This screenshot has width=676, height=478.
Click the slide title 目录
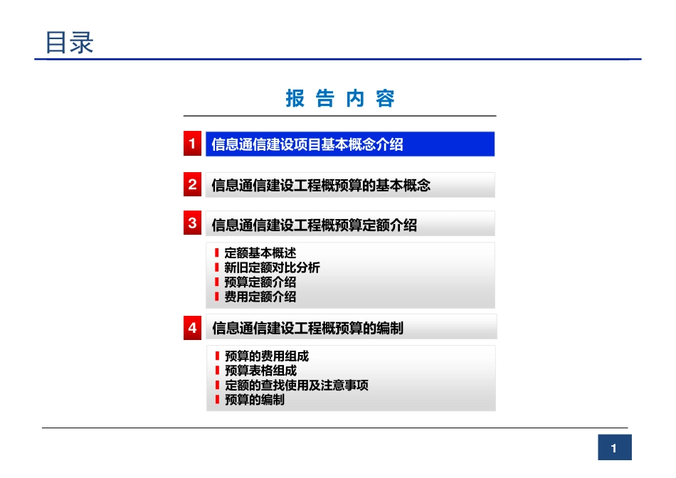(69, 43)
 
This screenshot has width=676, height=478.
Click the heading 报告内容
(340, 99)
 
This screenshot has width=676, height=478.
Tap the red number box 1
(192, 144)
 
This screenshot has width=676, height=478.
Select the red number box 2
(192, 185)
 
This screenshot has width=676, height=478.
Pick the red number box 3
(192, 223)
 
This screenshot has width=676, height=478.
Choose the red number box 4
(192, 328)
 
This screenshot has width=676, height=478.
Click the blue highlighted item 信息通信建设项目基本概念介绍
(308, 145)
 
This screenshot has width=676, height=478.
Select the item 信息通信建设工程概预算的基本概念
(322, 186)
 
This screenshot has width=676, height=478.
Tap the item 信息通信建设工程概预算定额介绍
(315, 225)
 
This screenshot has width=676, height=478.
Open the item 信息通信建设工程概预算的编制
(308, 329)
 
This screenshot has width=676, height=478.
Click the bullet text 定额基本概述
(260, 253)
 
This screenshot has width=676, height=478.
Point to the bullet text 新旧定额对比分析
(272, 267)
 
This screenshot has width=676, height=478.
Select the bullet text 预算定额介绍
(260, 282)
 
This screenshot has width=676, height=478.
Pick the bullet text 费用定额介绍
(260, 297)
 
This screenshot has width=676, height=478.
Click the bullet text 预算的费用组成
(266, 356)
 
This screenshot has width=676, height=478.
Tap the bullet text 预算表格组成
(260, 371)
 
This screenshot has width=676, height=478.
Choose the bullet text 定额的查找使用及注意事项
(296, 386)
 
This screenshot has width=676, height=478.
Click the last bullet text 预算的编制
(254, 400)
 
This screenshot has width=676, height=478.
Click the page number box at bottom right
(614, 448)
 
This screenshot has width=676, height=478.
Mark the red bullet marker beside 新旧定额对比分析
(216, 267)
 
